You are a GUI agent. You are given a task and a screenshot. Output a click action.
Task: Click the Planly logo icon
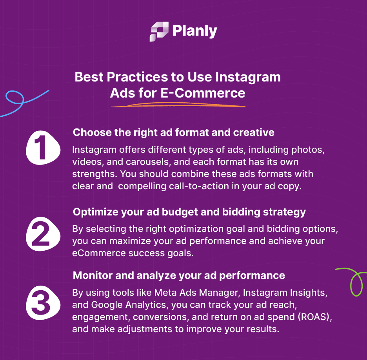click(159, 32)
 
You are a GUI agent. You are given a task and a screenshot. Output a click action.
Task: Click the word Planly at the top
click(195, 31)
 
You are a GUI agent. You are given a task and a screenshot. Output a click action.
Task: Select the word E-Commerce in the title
click(203, 93)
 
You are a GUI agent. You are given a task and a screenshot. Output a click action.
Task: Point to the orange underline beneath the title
click(178, 105)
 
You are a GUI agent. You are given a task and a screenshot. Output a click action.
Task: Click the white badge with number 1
click(43, 148)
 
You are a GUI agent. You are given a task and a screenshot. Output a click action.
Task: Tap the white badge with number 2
click(43, 234)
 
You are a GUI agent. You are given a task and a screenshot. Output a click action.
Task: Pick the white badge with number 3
click(43, 303)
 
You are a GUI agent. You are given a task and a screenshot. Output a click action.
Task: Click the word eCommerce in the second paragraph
click(99, 253)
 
